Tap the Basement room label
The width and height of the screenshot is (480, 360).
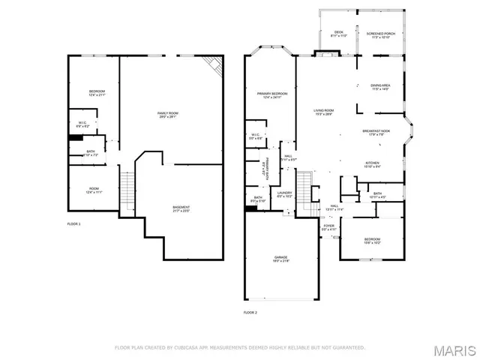tap(181, 208)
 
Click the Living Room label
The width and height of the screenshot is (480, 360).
tap(323, 112)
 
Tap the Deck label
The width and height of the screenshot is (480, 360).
tap(339, 34)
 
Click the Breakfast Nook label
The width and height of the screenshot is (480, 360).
tap(376, 133)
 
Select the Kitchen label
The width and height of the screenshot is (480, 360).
tap(372, 164)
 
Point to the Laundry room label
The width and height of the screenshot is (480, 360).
tap(284, 195)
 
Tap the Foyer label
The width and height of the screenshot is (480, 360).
tap(328, 226)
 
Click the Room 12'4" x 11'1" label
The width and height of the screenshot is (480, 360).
tap(94, 190)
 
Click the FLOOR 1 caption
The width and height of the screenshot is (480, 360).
tap(73, 224)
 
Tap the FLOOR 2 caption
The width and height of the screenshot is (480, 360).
tap(250, 312)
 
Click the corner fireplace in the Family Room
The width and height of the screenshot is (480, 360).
tap(214, 64)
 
